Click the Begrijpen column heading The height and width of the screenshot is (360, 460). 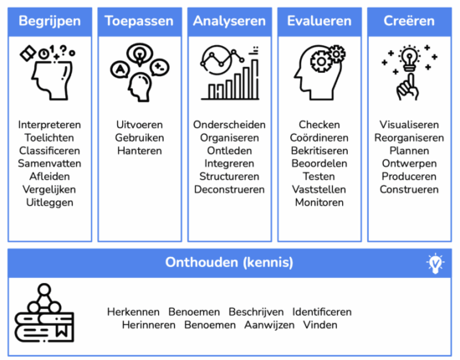(x=49, y=21)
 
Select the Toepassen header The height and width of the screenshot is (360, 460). (x=140, y=21)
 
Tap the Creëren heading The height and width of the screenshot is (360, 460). (x=409, y=21)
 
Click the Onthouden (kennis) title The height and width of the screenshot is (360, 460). (x=229, y=262)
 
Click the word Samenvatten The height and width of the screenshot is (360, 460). (x=49, y=163)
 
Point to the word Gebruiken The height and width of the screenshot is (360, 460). (x=140, y=137)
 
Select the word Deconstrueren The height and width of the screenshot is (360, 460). (x=229, y=189)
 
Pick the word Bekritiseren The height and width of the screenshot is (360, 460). (x=319, y=151)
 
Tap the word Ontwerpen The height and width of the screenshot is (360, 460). (x=409, y=163)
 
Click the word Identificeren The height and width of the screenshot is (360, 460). (x=322, y=311)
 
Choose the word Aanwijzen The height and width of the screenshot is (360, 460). (x=269, y=325)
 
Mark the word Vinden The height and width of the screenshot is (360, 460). (x=320, y=325)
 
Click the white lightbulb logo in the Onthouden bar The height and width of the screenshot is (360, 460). (x=436, y=263)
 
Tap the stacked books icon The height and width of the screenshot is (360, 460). (x=44, y=313)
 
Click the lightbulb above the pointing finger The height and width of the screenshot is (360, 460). (x=409, y=58)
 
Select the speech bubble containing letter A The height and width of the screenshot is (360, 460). (x=120, y=69)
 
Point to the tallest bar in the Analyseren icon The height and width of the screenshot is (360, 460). (x=255, y=79)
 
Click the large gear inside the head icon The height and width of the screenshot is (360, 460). (x=321, y=62)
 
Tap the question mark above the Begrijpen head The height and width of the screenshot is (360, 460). (x=63, y=49)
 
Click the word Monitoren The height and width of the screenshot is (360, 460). (x=319, y=203)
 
